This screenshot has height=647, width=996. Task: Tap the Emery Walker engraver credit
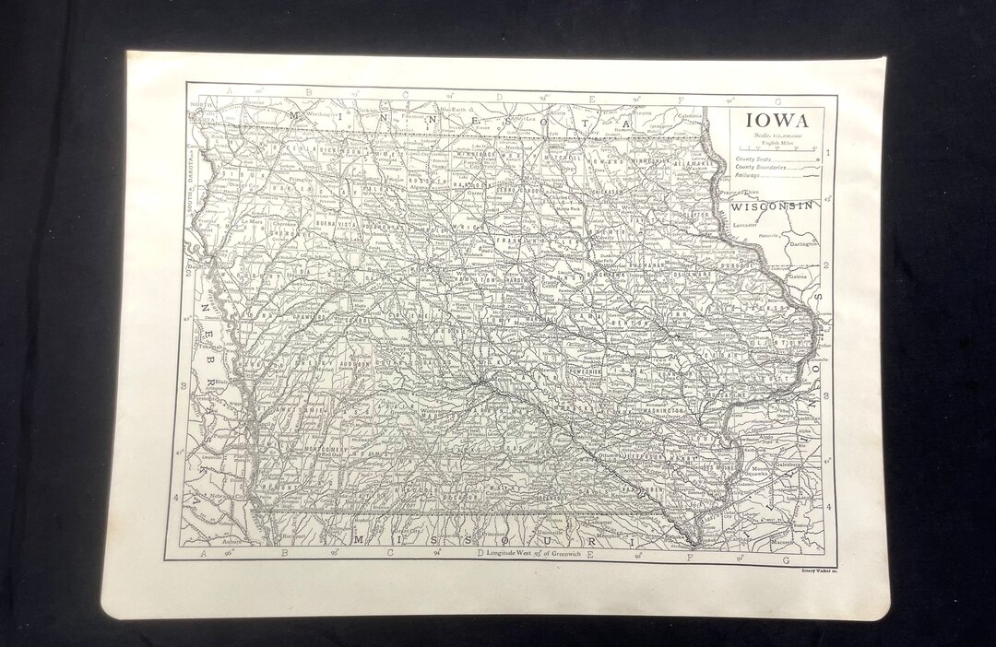click(812, 571)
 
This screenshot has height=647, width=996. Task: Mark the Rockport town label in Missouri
click(271, 532)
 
